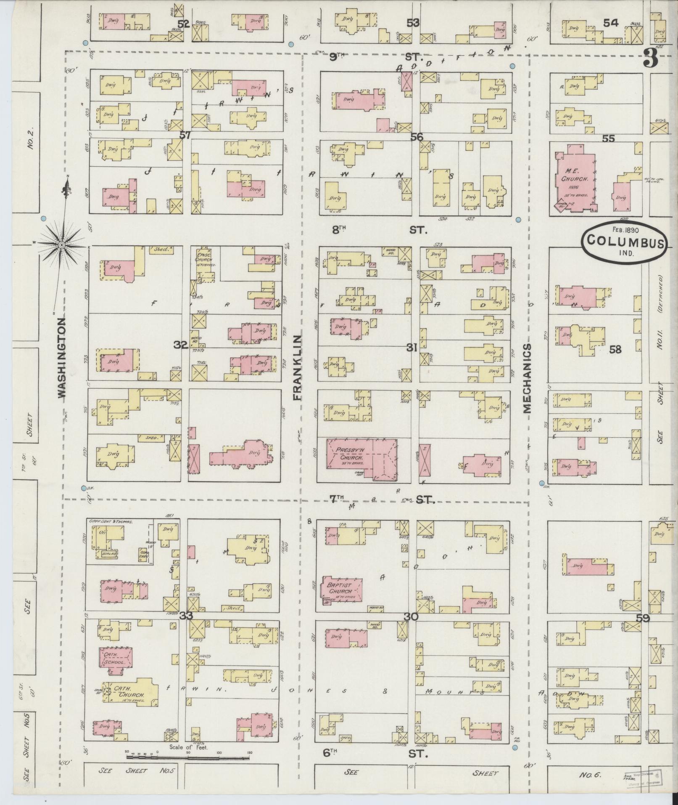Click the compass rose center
[61, 244]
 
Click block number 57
[185, 135]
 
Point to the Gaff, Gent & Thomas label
[111, 521]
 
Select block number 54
[610, 24]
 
